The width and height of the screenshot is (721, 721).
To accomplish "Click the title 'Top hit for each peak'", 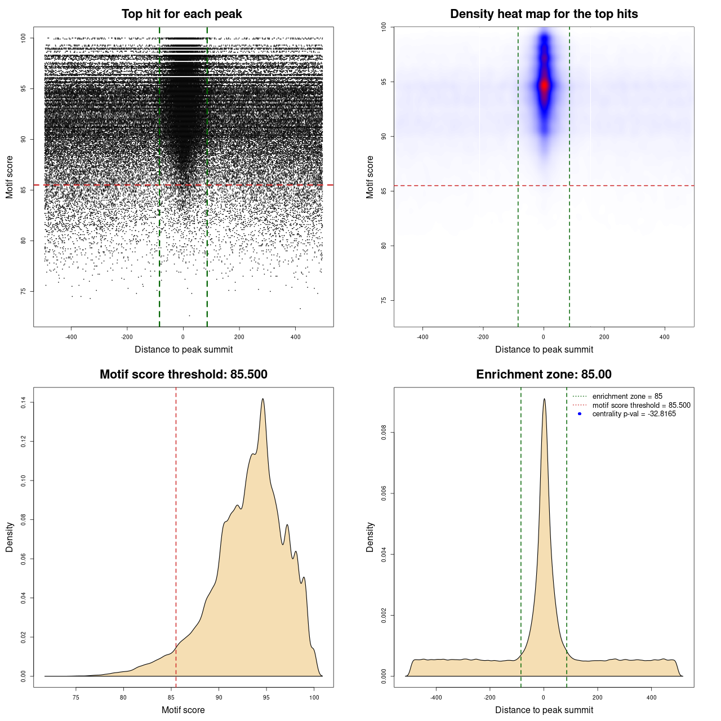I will (181, 14).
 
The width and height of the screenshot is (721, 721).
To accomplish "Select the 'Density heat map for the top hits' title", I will (544, 14).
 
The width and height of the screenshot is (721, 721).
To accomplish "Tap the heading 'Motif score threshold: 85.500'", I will (183, 375).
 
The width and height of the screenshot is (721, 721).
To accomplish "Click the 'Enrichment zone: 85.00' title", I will (544, 375).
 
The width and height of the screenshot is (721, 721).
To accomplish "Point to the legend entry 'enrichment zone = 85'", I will (627, 397).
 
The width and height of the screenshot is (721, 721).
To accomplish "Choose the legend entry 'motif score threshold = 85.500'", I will (641, 405).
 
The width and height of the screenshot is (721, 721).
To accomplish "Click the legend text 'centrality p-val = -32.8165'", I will (634, 414).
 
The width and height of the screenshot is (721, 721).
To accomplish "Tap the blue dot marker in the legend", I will (580, 414).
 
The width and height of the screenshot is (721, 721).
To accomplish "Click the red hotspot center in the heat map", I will (544, 85).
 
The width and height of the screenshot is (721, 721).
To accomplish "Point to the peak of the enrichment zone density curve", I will (544, 399).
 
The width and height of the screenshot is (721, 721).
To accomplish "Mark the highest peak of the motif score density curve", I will (262, 399).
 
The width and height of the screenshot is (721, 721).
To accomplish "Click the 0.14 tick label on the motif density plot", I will (24, 402).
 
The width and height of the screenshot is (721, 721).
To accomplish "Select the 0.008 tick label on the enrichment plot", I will (384, 433).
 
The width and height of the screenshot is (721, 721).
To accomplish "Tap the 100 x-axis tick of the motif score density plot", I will (314, 697).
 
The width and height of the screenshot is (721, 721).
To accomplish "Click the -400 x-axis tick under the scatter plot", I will (71, 337).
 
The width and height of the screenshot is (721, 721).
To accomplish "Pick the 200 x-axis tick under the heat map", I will (604, 337).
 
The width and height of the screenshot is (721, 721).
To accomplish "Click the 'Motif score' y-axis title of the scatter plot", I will (10, 177).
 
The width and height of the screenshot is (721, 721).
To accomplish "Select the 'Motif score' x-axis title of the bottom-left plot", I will (183, 710).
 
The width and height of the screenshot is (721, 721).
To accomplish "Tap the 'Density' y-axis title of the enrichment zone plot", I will (370, 537).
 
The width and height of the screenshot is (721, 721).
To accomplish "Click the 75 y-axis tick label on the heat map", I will (384, 300).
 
